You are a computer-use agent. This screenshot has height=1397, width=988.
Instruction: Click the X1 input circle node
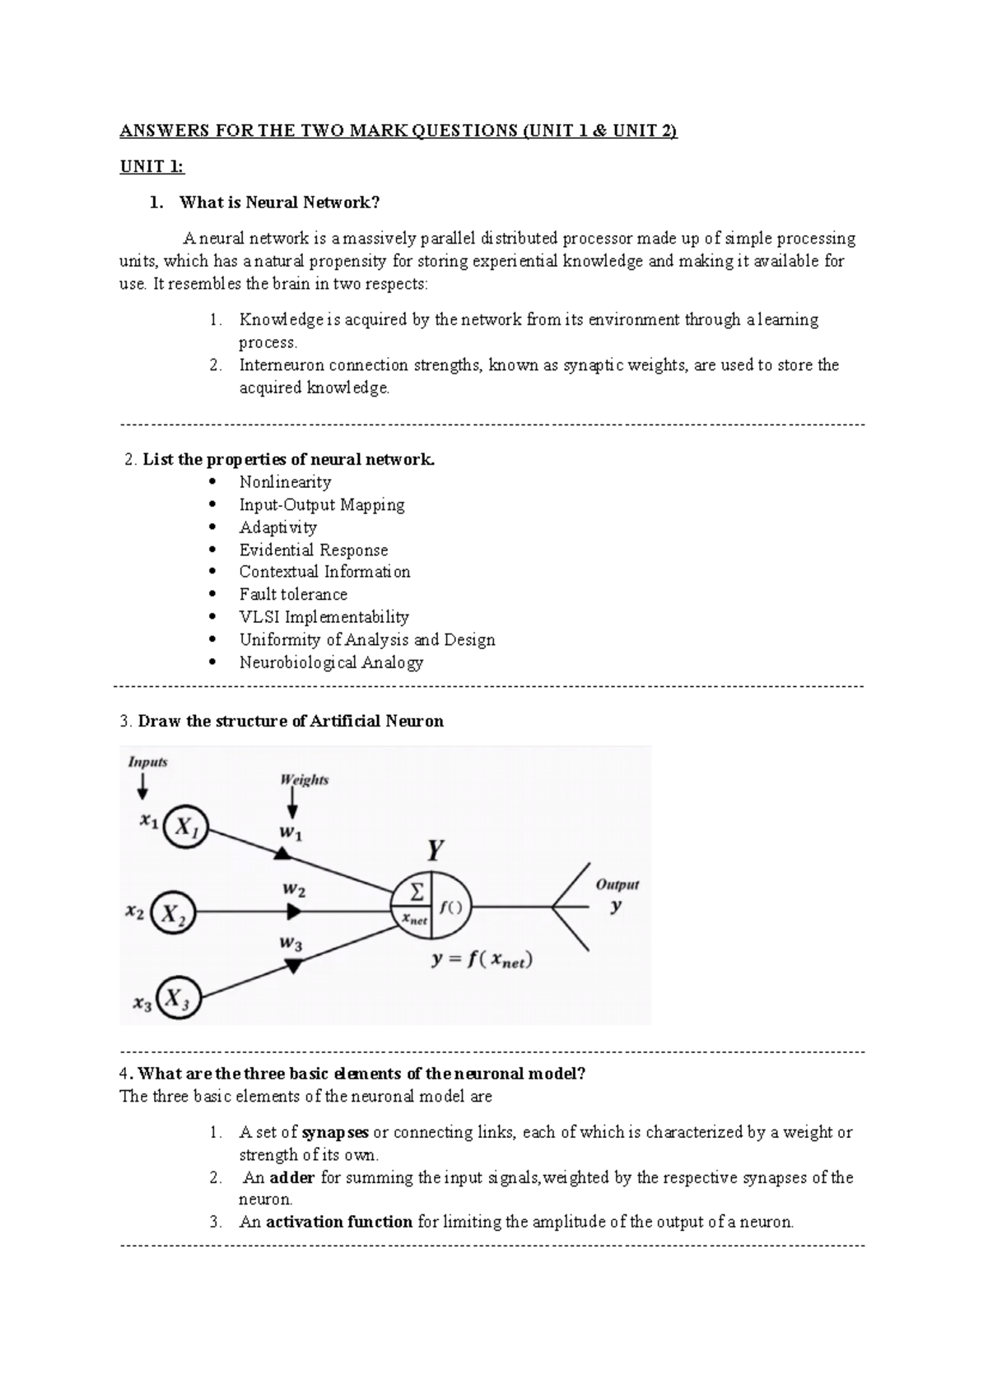[186, 828]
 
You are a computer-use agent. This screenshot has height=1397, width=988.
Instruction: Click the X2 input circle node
[174, 912]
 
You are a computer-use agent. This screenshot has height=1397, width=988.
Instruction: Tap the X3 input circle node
[178, 997]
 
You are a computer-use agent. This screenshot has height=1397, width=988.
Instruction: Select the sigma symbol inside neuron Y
[417, 892]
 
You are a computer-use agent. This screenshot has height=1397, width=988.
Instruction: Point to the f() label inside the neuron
[450, 908]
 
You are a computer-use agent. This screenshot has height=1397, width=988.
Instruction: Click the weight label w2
[294, 889]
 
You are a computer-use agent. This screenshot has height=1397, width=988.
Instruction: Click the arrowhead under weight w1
[282, 856]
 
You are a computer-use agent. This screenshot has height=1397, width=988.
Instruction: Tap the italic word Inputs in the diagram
[147, 762]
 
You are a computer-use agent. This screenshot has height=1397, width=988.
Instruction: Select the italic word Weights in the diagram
[304, 779]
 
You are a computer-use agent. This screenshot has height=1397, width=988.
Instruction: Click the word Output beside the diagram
[617, 884]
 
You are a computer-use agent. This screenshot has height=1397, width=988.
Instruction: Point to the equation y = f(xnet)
[482, 960]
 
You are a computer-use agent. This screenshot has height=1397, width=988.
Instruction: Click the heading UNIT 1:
[152, 167]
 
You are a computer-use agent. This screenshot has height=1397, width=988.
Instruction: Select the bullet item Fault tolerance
[293, 594]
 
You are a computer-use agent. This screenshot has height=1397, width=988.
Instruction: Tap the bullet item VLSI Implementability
[324, 617]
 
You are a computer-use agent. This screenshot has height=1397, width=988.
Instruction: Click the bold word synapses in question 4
[335, 1132]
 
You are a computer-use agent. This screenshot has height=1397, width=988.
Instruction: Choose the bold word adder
[292, 1177]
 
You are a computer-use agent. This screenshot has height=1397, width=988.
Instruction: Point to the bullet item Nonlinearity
[285, 482]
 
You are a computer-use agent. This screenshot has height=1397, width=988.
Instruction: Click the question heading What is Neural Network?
[280, 202]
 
